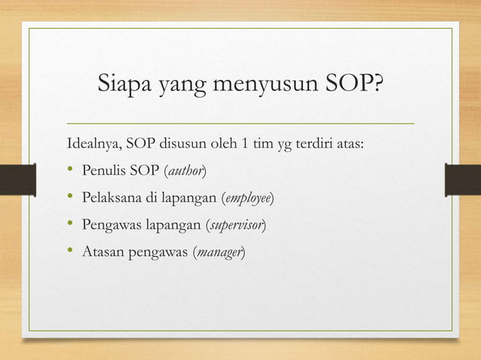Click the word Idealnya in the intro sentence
pyautogui.click(x=94, y=144)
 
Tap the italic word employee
pyautogui.click(x=248, y=197)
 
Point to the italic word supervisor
pyautogui.click(x=236, y=224)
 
